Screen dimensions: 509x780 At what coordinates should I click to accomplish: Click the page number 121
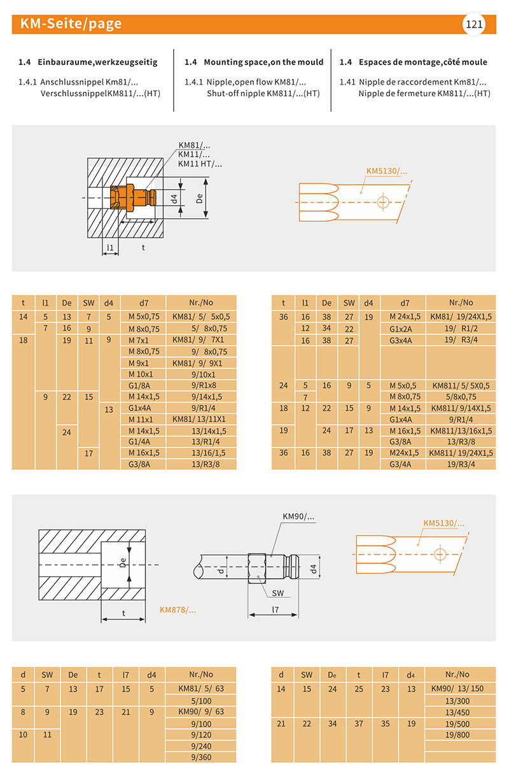pyautogui.click(x=474, y=25)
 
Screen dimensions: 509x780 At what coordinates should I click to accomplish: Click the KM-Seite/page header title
pyautogui.click(x=71, y=24)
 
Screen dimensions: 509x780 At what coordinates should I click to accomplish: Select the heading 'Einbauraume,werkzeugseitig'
pyautogui.click(x=97, y=62)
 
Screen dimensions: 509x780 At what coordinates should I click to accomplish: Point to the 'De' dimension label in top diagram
pyautogui.click(x=199, y=199)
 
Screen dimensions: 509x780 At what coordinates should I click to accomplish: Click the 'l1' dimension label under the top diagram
pyautogui.click(x=110, y=247)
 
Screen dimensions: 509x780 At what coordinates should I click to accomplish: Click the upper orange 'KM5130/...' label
pyautogui.click(x=386, y=171)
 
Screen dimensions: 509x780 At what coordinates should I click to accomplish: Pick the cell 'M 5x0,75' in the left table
pyautogui.click(x=143, y=316)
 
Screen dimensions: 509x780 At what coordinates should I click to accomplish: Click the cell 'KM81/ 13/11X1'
pyautogui.click(x=199, y=419)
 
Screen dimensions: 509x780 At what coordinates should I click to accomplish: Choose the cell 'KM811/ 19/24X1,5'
pyautogui.click(x=461, y=453)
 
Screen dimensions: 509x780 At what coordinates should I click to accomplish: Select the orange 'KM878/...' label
pyautogui.click(x=178, y=610)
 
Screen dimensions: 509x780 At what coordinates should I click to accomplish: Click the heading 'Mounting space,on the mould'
pyautogui.click(x=263, y=62)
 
